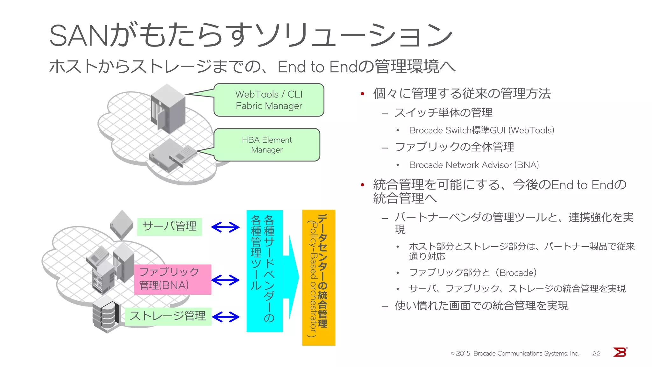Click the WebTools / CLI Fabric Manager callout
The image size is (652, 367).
pos(269,100)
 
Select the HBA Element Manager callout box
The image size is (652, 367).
pos(267,145)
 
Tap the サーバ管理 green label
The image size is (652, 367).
pos(169,227)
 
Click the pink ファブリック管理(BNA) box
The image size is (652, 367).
pos(173,279)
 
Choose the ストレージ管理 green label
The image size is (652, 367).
pos(168,316)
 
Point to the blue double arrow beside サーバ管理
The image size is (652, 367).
pos(225,227)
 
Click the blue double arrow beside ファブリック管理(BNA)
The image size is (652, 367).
pos(225,280)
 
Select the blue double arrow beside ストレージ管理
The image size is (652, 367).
pos(226,317)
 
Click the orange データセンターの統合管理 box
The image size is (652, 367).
pos(318,277)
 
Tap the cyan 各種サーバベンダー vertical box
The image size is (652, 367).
pos(264,271)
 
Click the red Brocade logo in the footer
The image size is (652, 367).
pos(620,352)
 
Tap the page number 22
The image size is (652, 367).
pos(596,354)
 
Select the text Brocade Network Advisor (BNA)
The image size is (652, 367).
pos(474,165)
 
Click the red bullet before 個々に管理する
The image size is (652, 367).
pos(362,94)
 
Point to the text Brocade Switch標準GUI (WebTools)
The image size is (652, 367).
pos(481,130)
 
